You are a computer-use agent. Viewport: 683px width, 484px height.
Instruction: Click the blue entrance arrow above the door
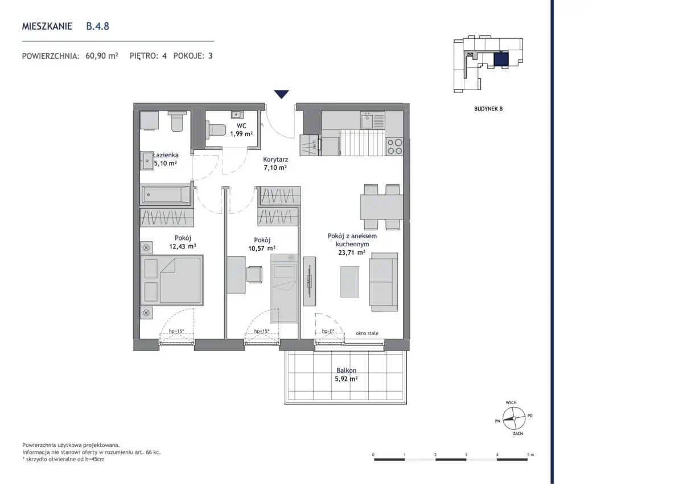281,94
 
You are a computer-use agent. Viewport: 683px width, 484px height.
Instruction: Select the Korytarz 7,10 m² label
275,164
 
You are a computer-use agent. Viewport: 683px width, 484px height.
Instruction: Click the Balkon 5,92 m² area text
346,375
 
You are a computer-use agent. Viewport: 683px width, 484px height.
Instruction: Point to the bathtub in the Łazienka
166,194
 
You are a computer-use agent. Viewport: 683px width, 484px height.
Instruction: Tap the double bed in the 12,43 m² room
172,280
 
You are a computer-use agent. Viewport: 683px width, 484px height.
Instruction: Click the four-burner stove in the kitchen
394,147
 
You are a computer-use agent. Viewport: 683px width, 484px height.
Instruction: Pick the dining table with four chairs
381,207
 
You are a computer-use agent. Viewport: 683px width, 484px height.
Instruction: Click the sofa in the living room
384,282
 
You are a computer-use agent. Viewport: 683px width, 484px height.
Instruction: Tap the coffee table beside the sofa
349,282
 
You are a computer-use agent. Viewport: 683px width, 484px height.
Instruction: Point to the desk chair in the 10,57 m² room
254,275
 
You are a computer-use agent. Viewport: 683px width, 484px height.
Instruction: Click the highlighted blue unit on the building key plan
501,59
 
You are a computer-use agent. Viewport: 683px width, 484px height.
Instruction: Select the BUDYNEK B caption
488,109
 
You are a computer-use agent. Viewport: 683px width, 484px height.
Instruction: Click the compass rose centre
514,418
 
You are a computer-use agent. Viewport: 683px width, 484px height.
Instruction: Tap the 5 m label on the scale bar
530,455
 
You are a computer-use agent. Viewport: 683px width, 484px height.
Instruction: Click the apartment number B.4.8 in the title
97,26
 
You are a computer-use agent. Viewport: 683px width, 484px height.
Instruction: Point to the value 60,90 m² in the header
101,55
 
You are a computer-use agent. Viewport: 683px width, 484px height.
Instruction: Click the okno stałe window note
367,333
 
